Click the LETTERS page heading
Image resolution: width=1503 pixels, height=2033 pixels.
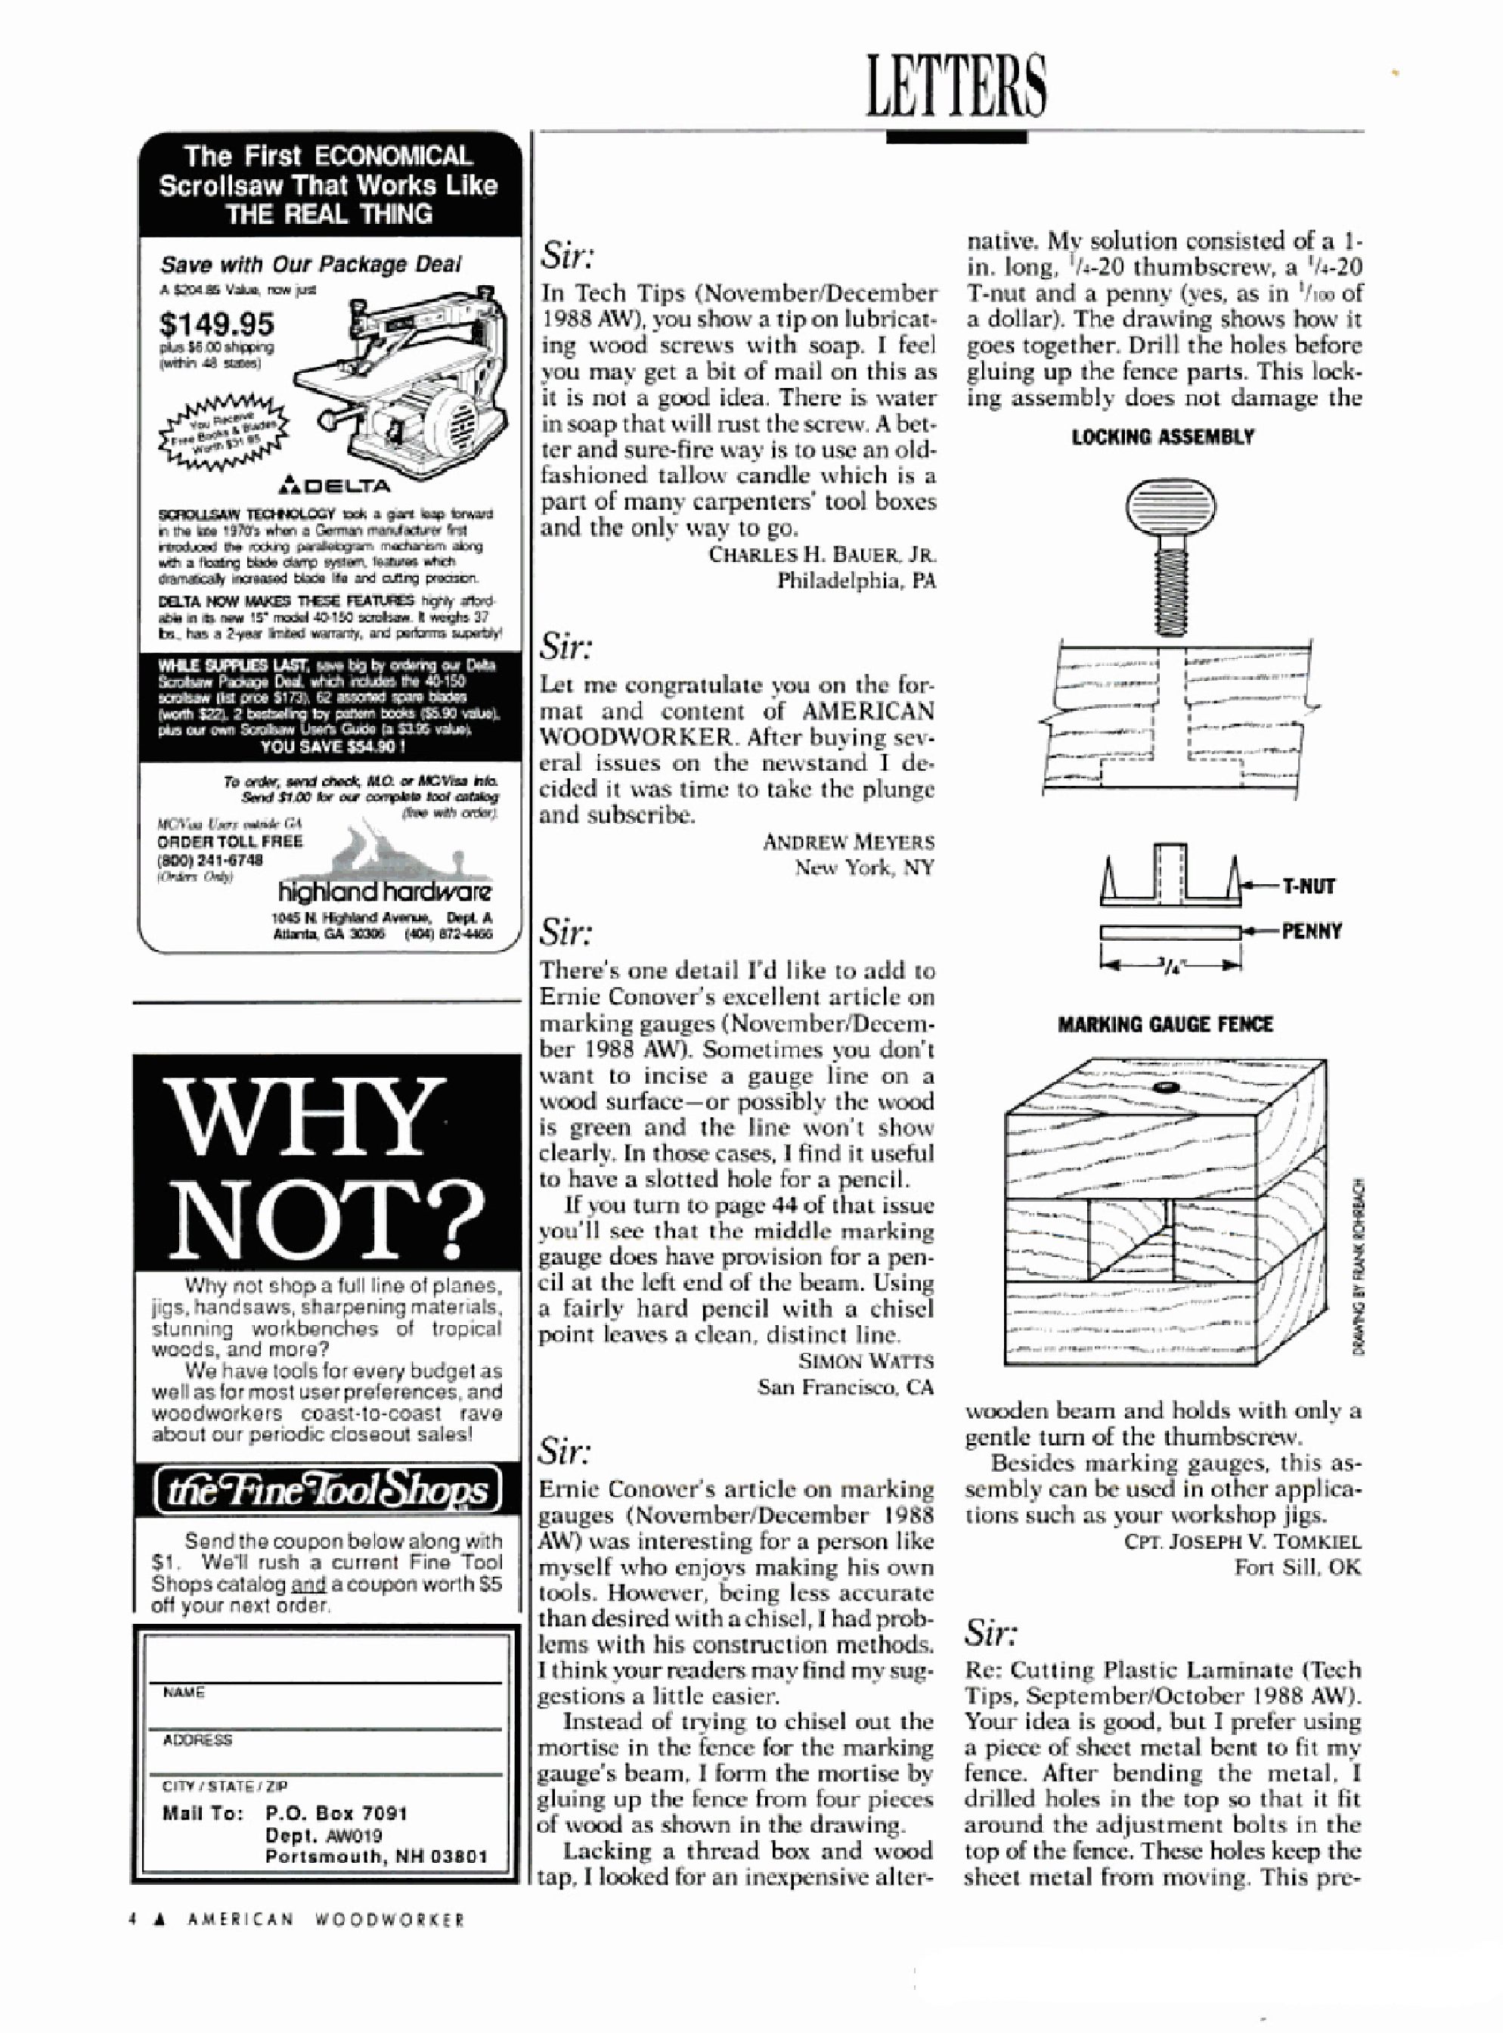point(956,85)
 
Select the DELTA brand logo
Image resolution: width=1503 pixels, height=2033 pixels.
point(336,485)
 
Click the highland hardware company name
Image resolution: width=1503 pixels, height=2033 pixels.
point(385,891)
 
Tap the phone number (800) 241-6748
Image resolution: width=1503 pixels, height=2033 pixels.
point(210,859)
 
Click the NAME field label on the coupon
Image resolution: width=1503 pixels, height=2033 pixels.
point(184,1692)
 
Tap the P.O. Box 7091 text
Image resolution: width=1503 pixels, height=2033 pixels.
point(336,1813)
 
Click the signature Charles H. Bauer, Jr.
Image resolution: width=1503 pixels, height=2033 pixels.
point(823,554)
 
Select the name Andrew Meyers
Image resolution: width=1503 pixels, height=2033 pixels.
point(848,842)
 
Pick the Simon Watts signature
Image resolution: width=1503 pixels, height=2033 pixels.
point(865,1361)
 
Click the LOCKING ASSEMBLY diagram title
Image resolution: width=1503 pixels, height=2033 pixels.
point(1162,437)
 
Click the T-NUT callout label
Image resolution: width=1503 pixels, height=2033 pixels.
point(1308,886)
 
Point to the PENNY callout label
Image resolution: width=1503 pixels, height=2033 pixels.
point(1311,931)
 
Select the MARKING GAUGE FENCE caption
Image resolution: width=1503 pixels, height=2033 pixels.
point(1164,1024)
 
